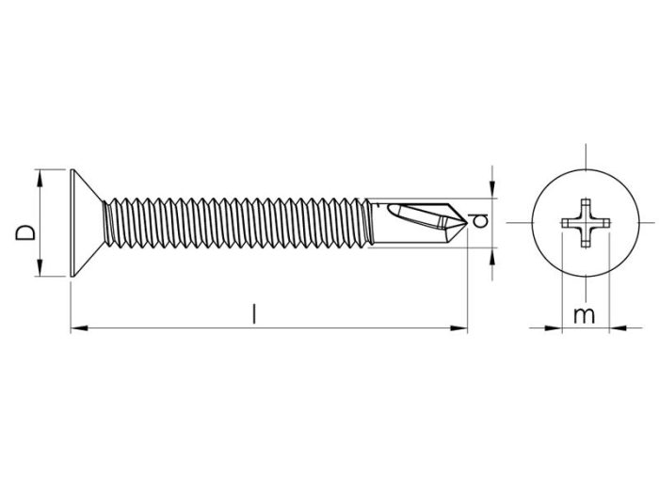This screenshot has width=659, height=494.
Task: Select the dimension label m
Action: pyautogui.click(x=585, y=316)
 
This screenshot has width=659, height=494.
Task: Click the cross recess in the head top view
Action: pyautogui.click(x=585, y=223)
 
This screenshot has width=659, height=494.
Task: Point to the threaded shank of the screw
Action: pyautogui.click(x=235, y=223)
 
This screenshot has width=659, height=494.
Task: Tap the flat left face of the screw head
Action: pyautogui.click(x=72, y=223)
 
